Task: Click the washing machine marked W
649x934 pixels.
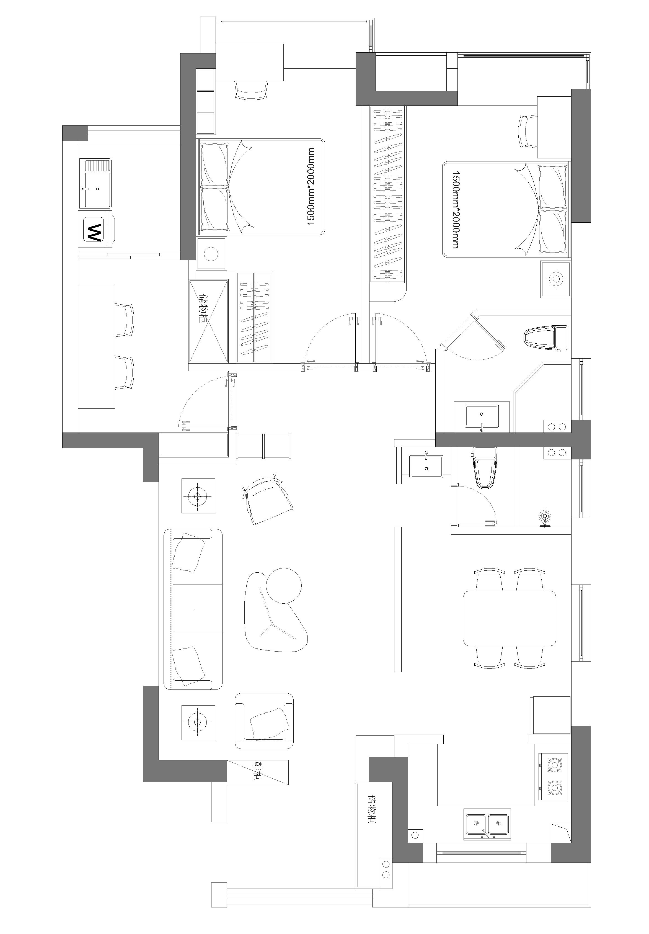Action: [98, 229]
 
